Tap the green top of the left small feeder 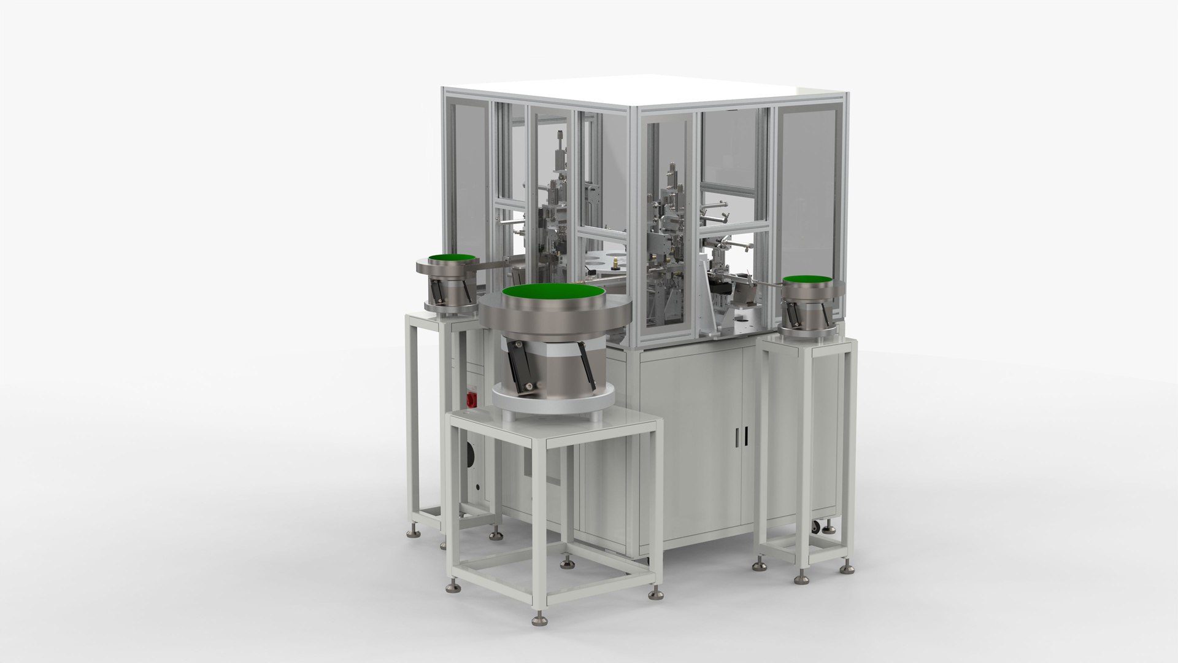pyautogui.click(x=450, y=258)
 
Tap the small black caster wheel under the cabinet pyautogui.click(x=815, y=527)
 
